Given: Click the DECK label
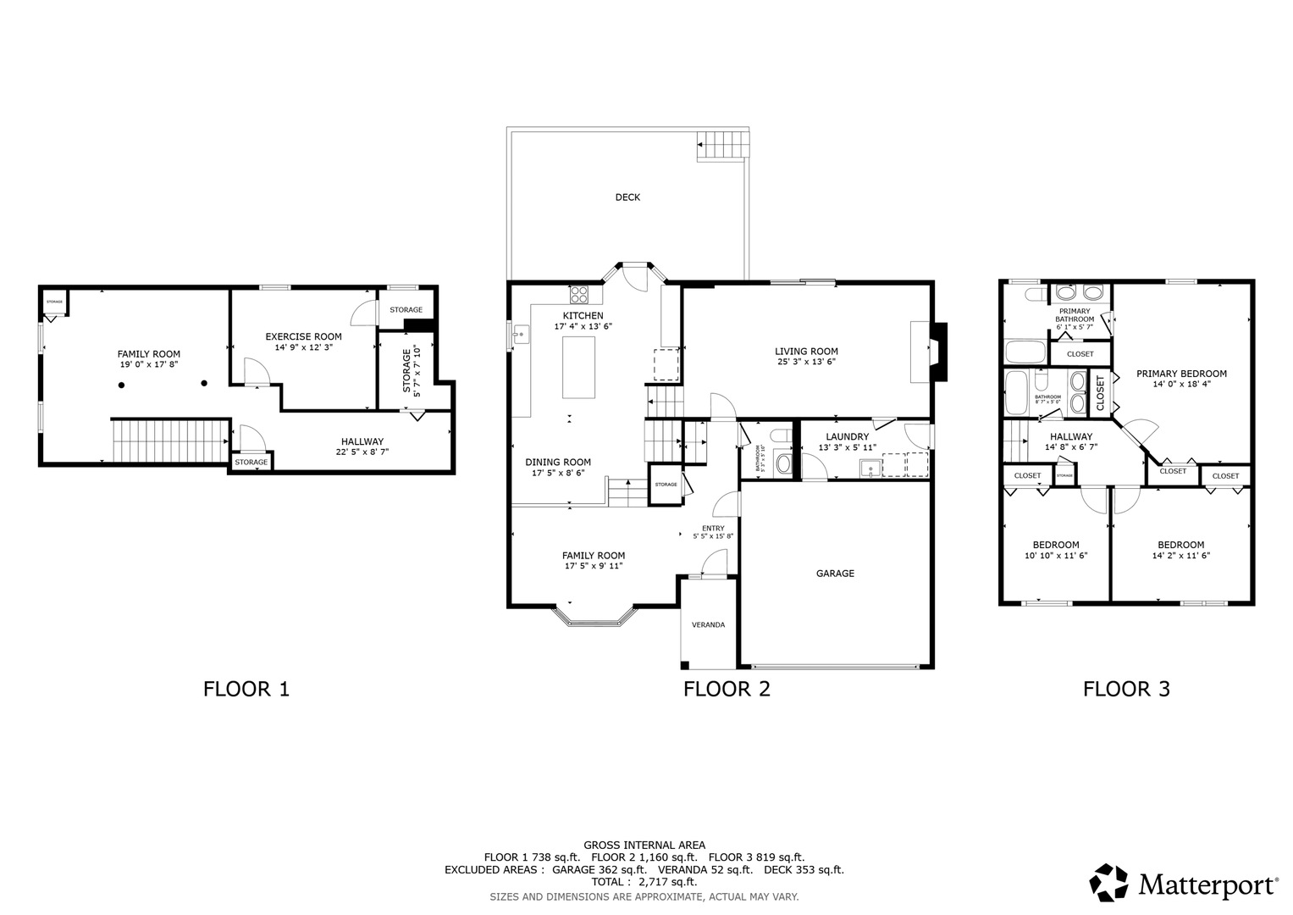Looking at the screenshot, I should [627, 197].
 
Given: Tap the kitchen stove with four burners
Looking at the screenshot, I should [580, 294].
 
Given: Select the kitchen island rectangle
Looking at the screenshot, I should [578, 367].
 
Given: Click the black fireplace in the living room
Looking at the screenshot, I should [938, 352].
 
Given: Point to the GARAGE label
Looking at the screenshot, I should [835, 574].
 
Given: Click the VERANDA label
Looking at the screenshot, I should [708, 625].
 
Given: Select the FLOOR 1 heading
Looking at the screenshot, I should [246, 689].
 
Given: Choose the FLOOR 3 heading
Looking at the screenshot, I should [1126, 689].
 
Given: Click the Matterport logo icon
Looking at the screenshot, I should [1108, 883].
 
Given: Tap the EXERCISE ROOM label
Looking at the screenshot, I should [303, 336].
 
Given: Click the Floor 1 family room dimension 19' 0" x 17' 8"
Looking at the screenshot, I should [149, 365].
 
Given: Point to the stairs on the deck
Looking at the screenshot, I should [725, 145].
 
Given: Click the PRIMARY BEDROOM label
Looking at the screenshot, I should [1181, 374].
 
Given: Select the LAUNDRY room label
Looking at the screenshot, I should [847, 436].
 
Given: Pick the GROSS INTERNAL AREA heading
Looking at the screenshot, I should [644, 845].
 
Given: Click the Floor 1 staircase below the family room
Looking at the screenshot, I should [170, 440].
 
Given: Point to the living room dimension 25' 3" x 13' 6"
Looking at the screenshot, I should [806, 362].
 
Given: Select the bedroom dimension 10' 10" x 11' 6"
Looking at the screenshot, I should [1056, 557].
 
